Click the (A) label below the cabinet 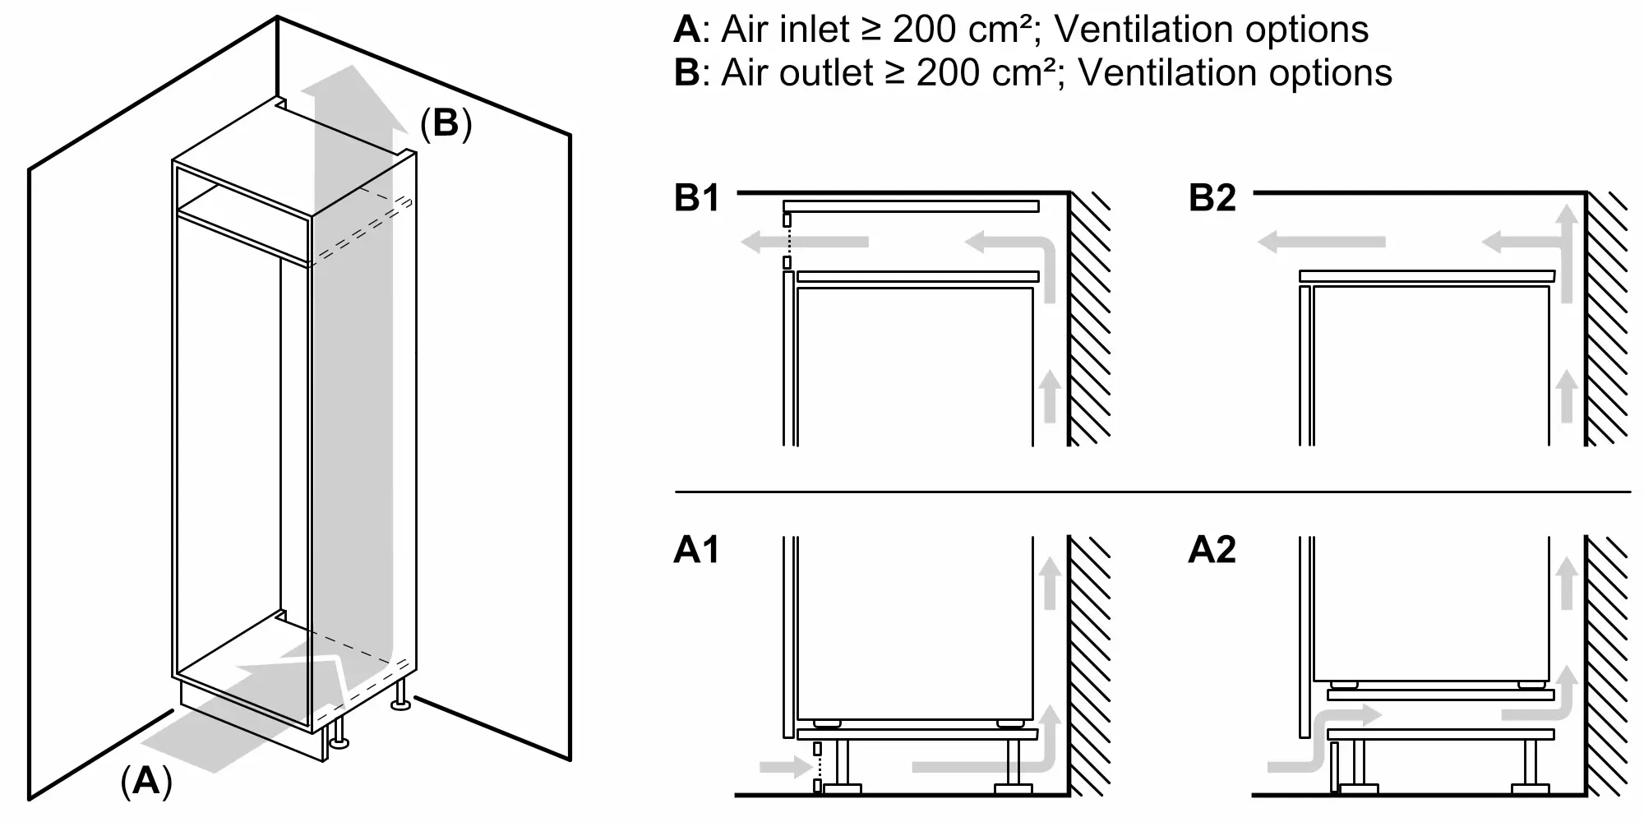coord(146,781)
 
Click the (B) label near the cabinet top coord(446,123)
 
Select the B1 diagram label coord(696,199)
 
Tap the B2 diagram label coord(1212,199)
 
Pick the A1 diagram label coord(696,550)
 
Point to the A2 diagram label coord(1212,550)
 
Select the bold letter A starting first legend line coord(686,30)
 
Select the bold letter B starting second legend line coord(686,73)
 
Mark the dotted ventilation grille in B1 coord(787,242)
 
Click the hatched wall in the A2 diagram coord(1607,666)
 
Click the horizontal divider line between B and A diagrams coord(1151,492)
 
